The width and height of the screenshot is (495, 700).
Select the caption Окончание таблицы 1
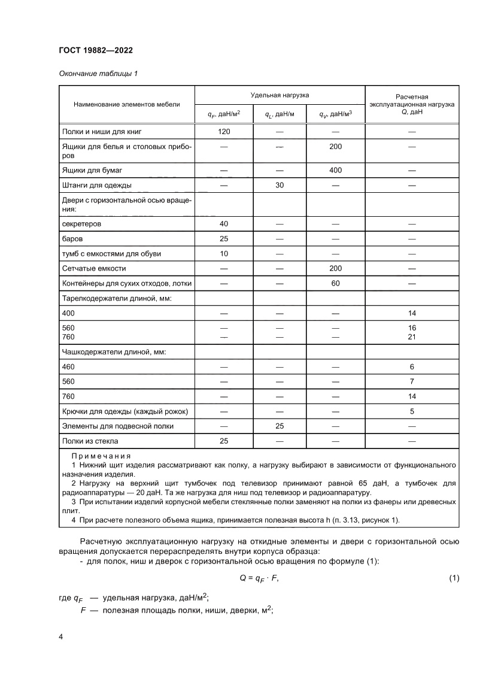coord(98,74)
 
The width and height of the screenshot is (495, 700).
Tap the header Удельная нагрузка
coord(280,95)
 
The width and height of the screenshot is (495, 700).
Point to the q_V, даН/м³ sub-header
coord(335,114)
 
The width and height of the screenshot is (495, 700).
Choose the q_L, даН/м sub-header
coord(280,114)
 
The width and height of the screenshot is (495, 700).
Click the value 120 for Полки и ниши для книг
coord(224,131)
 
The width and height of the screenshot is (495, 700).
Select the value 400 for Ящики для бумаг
coord(335,171)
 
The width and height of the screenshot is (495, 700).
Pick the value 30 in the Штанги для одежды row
coord(280,185)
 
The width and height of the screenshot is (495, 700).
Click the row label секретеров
coord(82,224)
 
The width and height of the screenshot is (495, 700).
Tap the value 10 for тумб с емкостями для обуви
coord(224,254)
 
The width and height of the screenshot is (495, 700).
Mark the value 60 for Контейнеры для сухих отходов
coord(335,283)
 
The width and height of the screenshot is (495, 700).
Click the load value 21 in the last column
coord(412,337)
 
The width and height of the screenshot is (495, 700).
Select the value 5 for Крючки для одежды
coord(412,411)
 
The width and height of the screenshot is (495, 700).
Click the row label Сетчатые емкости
coord(94,269)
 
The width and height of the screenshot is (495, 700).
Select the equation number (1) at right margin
coord(453,578)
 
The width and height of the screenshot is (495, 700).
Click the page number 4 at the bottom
coord(60,637)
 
